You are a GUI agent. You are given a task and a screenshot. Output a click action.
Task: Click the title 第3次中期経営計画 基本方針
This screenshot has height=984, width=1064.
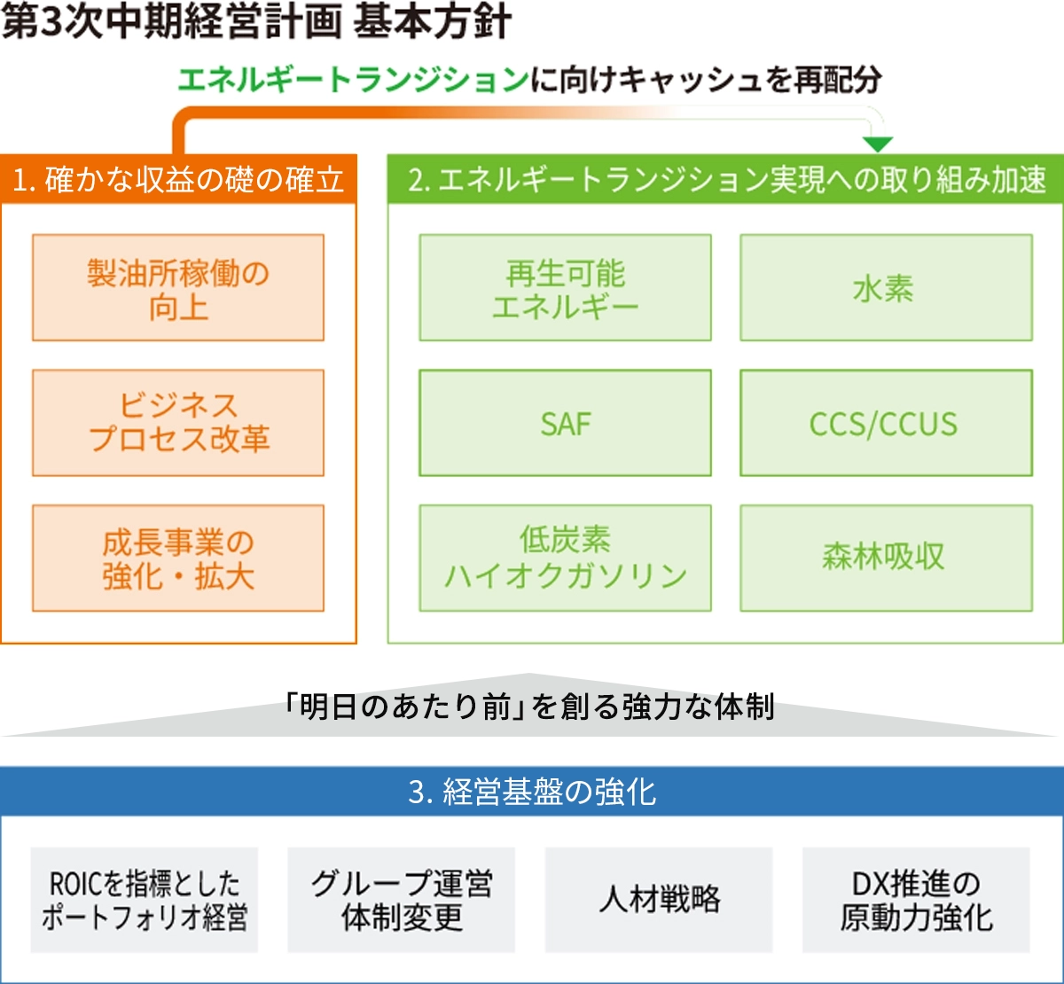pos(256,22)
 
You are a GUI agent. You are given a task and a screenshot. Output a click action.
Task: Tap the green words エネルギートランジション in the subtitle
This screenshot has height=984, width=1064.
pos(354,81)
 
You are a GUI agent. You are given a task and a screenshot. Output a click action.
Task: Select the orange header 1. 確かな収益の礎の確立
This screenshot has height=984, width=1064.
pos(178,179)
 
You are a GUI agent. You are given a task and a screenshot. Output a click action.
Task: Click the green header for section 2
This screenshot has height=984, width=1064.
pos(725,179)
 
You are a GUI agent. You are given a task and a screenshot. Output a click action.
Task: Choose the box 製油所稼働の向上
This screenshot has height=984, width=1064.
pos(178,287)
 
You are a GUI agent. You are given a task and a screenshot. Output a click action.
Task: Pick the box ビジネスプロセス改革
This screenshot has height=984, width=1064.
pos(178,423)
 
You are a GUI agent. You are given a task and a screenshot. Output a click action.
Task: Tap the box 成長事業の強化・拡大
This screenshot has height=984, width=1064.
pos(178,558)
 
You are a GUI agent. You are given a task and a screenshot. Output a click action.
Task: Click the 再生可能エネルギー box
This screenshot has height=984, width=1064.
pos(565,287)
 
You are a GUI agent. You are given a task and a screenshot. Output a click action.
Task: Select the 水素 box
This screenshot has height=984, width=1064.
pos(886,287)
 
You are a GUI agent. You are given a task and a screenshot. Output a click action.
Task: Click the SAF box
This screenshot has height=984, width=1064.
pos(565,423)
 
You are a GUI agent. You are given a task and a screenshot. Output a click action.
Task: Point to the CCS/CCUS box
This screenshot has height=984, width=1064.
pos(886,423)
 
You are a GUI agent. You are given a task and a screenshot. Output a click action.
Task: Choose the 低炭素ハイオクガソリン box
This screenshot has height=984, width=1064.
pos(565,558)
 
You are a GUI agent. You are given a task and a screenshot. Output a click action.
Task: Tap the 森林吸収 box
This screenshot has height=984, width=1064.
pos(886,558)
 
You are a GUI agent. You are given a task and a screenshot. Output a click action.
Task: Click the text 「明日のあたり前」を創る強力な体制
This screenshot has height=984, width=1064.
pos(529,707)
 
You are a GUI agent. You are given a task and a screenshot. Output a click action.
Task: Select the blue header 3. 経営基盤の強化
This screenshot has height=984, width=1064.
pos(532,791)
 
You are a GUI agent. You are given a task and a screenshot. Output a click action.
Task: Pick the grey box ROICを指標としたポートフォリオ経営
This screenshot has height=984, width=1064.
pos(145,900)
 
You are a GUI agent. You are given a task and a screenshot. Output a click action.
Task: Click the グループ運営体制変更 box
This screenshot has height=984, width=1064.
pos(402,900)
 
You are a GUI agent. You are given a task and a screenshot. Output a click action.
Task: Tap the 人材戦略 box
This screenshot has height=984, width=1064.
pos(659,900)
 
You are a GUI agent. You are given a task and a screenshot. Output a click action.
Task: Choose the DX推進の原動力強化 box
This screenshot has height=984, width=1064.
pos(916,900)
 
